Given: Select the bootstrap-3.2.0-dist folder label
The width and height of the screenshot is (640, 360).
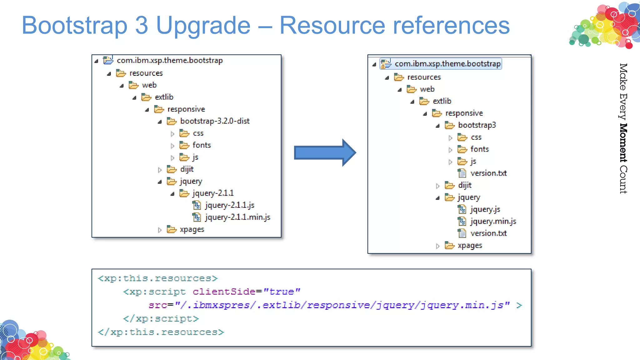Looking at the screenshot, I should (x=215, y=121).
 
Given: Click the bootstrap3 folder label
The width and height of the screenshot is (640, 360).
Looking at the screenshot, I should (x=477, y=125).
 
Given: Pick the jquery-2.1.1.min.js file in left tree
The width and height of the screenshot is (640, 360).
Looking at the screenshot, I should (x=237, y=217).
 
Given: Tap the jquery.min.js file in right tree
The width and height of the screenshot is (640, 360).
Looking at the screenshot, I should (x=493, y=222).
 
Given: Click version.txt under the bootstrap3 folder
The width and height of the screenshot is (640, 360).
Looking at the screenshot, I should (x=488, y=173).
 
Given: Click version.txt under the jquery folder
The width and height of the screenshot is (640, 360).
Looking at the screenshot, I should (x=488, y=233).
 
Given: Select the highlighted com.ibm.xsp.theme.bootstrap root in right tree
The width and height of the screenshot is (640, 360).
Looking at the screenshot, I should (x=447, y=64).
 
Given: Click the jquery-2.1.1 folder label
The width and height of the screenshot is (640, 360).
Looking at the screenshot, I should (x=213, y=193).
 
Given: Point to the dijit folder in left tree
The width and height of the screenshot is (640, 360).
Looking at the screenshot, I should (x=187, y=169).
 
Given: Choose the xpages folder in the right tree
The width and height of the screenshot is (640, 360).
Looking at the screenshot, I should (x=470, y=246).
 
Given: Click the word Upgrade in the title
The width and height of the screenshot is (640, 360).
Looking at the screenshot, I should (x=203, y=26).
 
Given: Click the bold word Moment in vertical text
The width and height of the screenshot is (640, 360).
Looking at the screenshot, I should (x=623, y=143).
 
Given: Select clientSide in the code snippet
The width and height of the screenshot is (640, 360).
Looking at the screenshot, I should (x=224, y=292).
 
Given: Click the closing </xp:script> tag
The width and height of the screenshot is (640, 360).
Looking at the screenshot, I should (x=161, y=318).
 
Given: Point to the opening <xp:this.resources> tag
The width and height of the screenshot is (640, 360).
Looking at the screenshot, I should (x=157, y=278).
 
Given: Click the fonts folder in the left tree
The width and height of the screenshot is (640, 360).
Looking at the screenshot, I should (x=202, y=145).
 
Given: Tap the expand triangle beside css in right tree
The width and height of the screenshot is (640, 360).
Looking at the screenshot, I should (x=450, y=138).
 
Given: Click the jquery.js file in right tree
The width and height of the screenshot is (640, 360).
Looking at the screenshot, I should (x=485, y=209).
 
